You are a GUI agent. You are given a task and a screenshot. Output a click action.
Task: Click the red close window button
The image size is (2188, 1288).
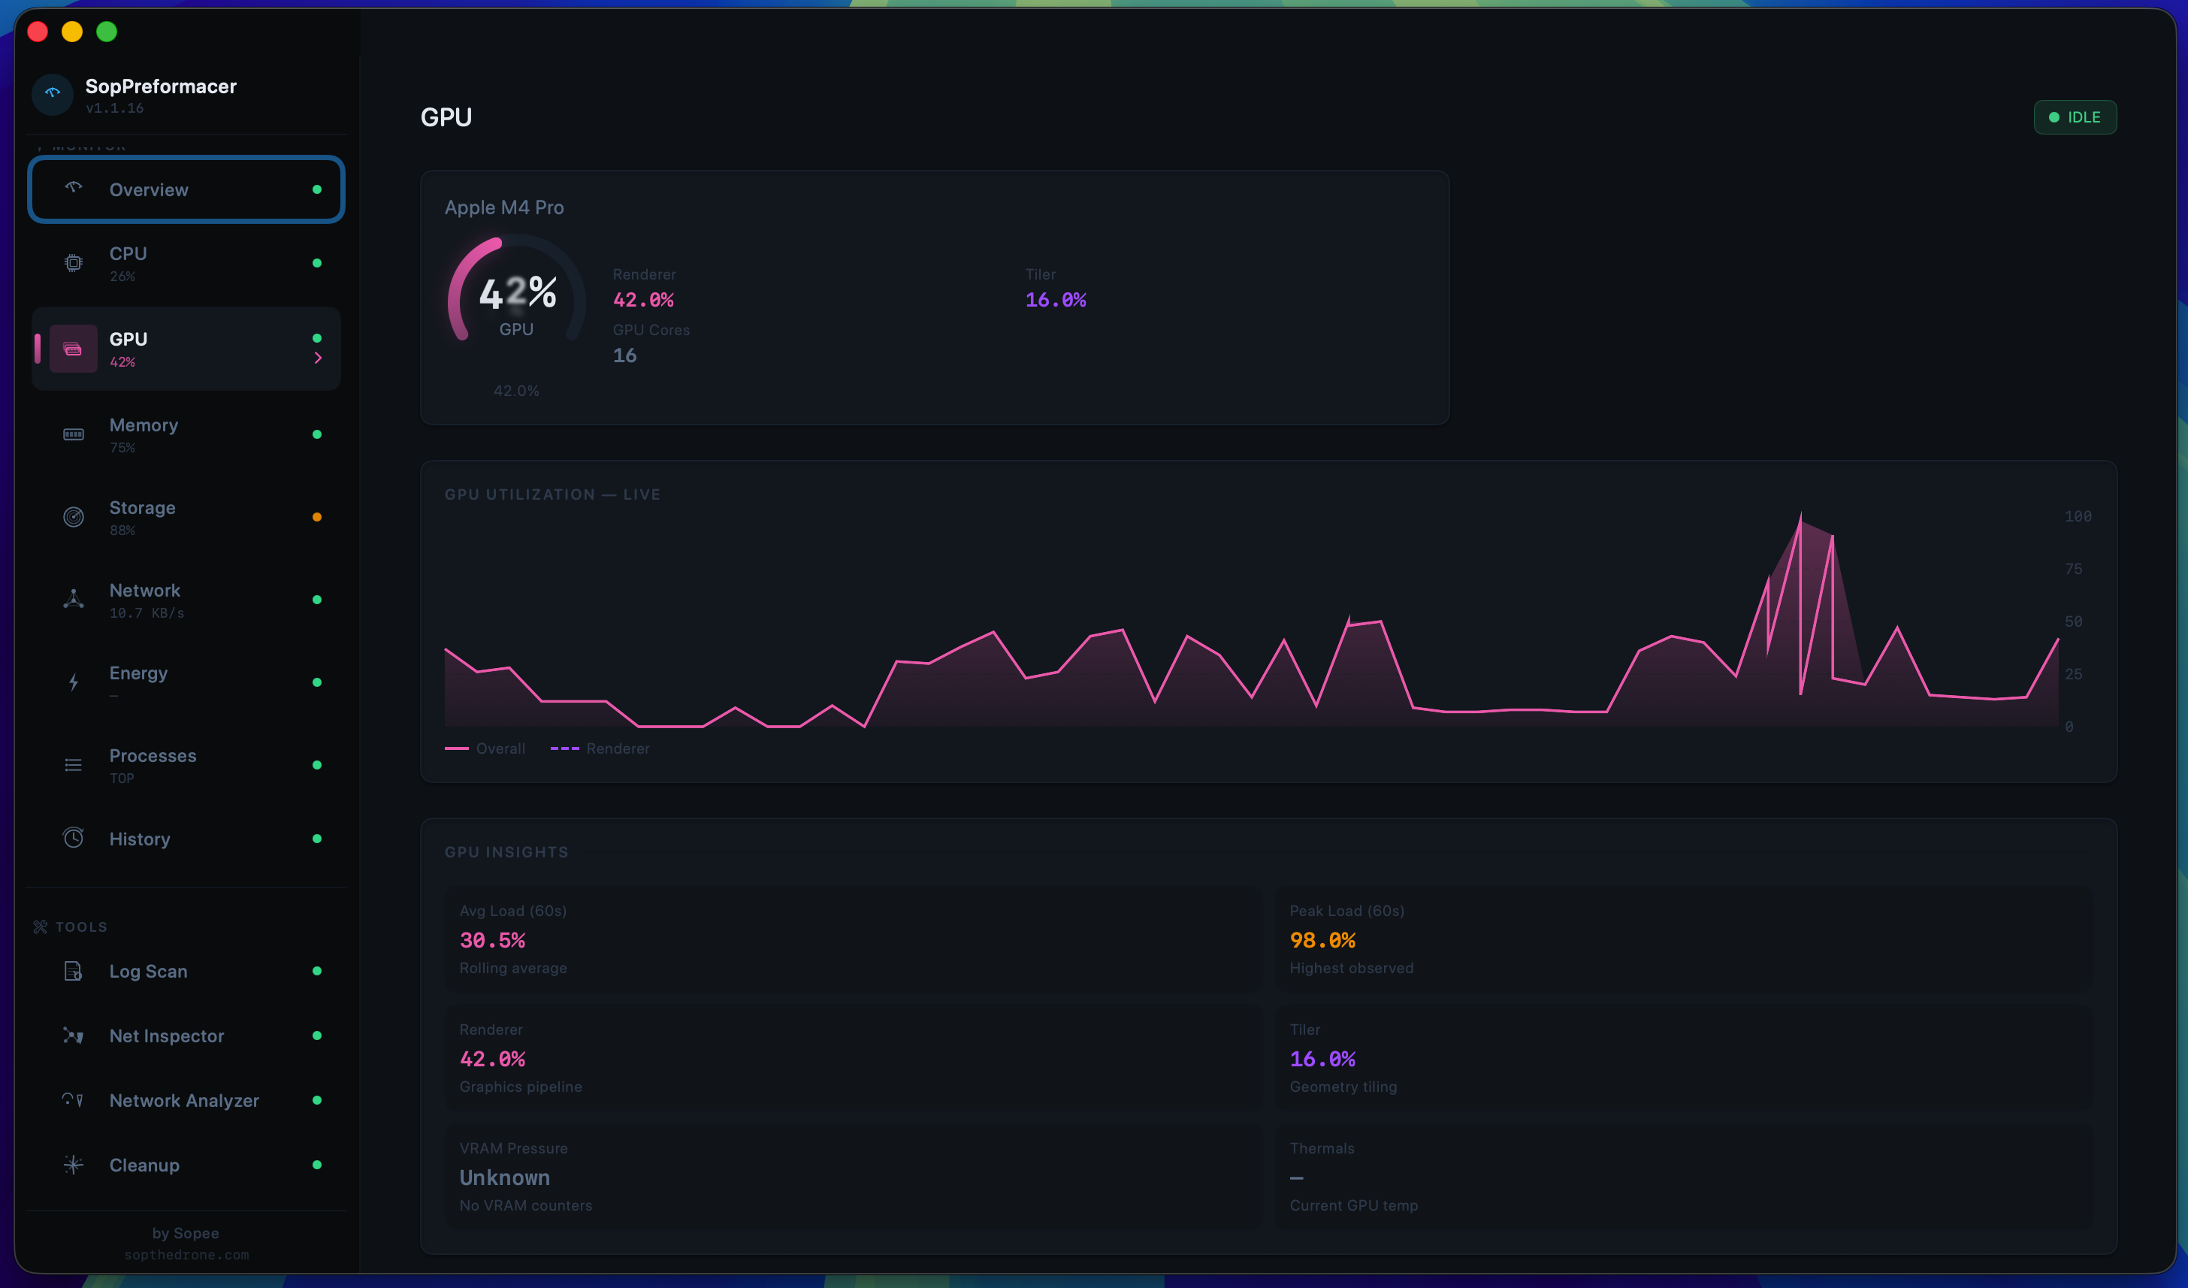coord(38,32)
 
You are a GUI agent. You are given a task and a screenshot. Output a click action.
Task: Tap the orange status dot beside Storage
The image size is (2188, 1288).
coord(317,517)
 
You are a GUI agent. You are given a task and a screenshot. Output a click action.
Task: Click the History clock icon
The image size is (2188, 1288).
coord(74,838)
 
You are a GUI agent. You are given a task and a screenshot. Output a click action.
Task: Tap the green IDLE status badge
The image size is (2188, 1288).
coord(2075,117)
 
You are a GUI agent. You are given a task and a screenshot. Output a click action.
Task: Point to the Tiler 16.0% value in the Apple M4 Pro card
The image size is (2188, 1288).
coord(1055,300)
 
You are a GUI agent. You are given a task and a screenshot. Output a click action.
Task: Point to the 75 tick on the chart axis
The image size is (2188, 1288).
coord(2072,569)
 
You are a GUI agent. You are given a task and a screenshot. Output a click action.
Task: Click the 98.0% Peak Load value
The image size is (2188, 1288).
coord(1322,940)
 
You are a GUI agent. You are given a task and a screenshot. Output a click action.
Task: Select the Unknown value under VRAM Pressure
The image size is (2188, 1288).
coord(504,1178)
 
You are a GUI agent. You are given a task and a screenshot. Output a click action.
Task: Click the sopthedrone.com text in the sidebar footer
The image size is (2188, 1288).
coord(186,1255)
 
